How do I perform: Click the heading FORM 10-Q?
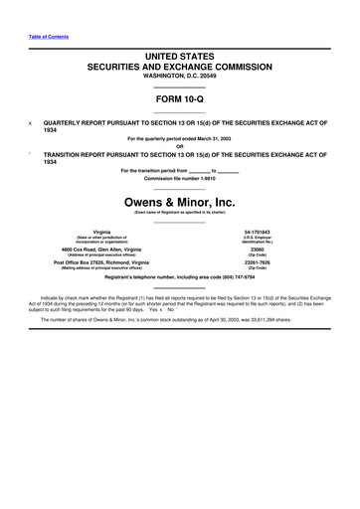pos(180,100)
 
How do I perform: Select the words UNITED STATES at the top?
pos(180,62)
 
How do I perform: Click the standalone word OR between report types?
pos(180,147)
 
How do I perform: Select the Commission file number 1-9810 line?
pos(180,177)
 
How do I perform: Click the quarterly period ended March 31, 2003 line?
pos(180,140)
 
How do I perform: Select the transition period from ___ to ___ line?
pos(180,170)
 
